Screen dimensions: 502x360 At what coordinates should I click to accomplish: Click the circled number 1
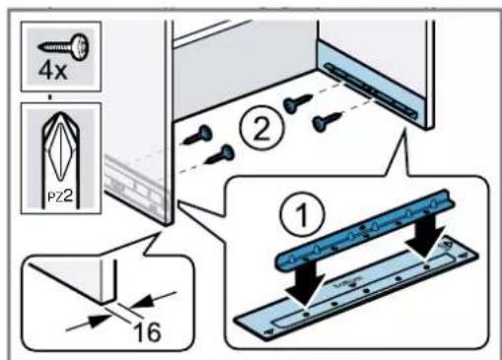pyautogui.click(x=302, y=215)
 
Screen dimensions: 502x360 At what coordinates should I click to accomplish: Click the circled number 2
pyautogui.click(x=261, y=126)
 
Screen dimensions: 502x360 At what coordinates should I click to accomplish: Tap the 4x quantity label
pyautogui.click(x=52, y=71)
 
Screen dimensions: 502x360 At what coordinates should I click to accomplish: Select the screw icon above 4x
pyautogui.click(x=63, y=46)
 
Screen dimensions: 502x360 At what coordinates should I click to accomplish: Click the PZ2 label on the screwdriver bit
pyautogui.click(x=60, y=196)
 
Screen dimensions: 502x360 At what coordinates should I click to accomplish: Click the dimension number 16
pyautogui.click(x=148, y=332)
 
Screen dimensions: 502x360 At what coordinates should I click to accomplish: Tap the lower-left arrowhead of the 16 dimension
pyautogui.click(x=99, y=321)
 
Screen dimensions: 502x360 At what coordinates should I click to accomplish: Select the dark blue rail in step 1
pyautogui.click(x=367, y=230)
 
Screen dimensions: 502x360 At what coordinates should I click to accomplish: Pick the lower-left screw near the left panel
pyautogui.click(x=220, y=155)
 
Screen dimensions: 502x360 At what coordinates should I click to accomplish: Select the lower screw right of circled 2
pyautogui.click(x=327, y=121)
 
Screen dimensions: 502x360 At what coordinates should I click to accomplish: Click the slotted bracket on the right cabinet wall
pyautogui.click(x=371, y=91)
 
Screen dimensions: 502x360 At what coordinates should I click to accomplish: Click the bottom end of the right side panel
pyautogui.click(x=430, y=128)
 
